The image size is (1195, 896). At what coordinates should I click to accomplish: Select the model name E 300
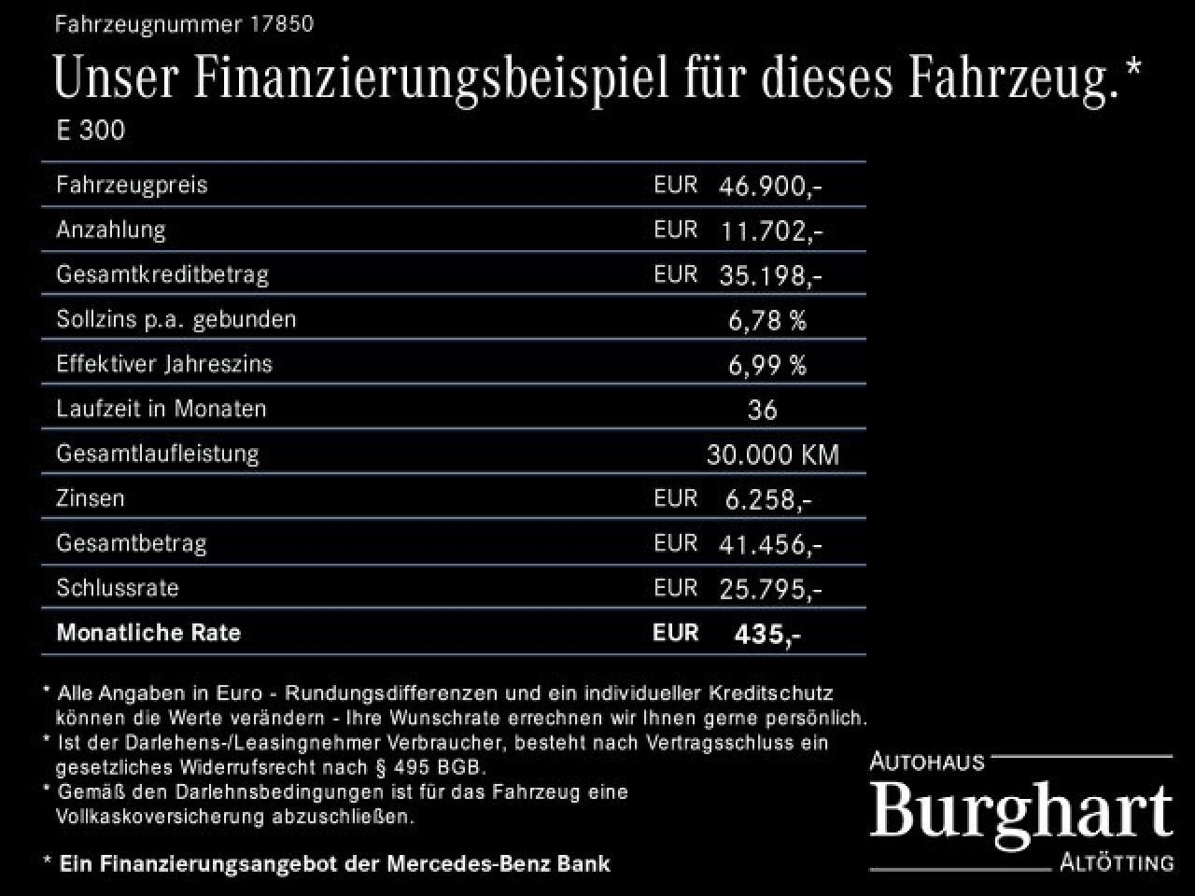click(91, 130)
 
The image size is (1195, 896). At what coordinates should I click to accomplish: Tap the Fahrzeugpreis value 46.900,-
click(770, 186)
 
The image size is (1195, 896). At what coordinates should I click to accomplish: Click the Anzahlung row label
click(111, 230)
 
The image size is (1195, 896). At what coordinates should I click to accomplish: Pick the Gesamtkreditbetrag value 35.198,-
click(770, 275)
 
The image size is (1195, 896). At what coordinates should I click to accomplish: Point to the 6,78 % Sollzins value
click(766, 320)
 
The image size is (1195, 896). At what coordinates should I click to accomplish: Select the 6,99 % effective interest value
click(766, 365)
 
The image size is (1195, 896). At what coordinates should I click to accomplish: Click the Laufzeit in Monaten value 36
click(763, 410)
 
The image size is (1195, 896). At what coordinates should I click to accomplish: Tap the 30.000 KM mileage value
click(773, 455)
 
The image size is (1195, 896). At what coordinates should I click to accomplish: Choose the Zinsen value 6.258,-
click(768, 499)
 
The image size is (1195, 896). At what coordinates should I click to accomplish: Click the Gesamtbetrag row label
click(132, 543)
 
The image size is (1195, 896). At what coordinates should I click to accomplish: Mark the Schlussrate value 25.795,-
click(770, 589)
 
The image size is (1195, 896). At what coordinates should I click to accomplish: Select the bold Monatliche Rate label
click(148, 633)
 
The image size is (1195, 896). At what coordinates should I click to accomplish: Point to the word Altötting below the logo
click(1117, 862)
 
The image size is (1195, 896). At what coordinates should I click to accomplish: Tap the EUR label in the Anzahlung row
click(675, 230)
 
